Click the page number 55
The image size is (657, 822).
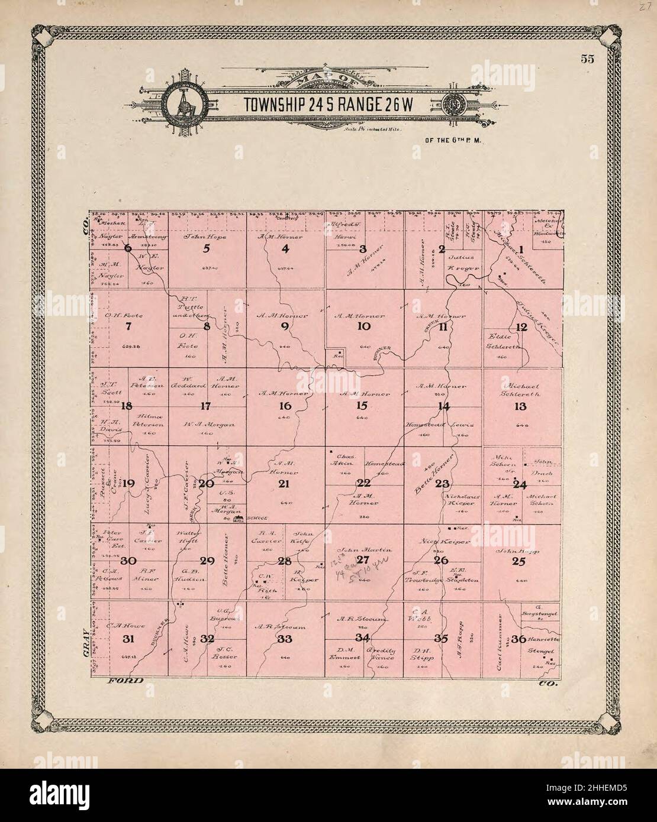pyautogui.click(x=587, y=59)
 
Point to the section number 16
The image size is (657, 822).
pyautogui.click(x=285, y=406)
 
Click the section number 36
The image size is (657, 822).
pyautogui.click(x=518, y=639)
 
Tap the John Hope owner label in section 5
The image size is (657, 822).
pyautogui.click(x=206, y=237)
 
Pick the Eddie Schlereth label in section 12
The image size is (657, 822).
pyautogui.click(x=503, y=341)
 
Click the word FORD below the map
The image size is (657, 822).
pyautogui.click(x=125, y=681)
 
